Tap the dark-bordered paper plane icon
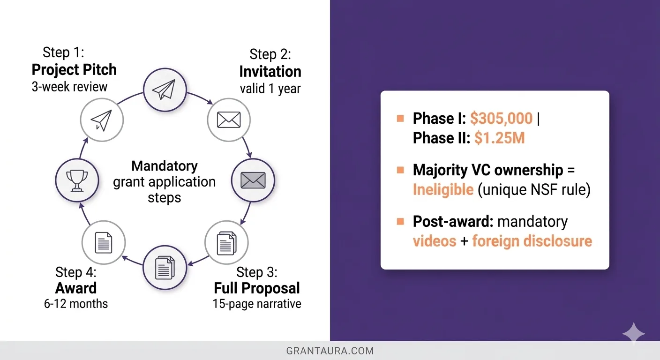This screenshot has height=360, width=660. coord(165,89)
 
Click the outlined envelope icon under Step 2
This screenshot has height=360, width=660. coord(229,120)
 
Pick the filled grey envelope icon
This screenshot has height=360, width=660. coord(253,180)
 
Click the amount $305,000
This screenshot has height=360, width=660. coord(501,119)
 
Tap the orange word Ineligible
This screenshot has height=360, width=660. coord(443,190)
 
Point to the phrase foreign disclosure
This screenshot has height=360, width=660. coord(532,241)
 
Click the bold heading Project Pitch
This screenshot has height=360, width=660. coord(74,70)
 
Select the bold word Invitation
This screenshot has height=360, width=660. coord(270,71)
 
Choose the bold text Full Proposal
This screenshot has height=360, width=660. coord(257,288)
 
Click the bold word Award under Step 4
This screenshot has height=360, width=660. coord(76,288)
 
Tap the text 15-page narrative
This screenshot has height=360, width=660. coord(257,304)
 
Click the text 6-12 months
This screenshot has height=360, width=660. coord(76,304)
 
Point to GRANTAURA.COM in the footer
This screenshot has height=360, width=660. coord(330,351)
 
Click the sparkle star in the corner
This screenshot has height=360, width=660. coord(634,334)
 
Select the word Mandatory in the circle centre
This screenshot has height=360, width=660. coord(165,166)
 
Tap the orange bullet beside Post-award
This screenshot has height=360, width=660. coord(400,221)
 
